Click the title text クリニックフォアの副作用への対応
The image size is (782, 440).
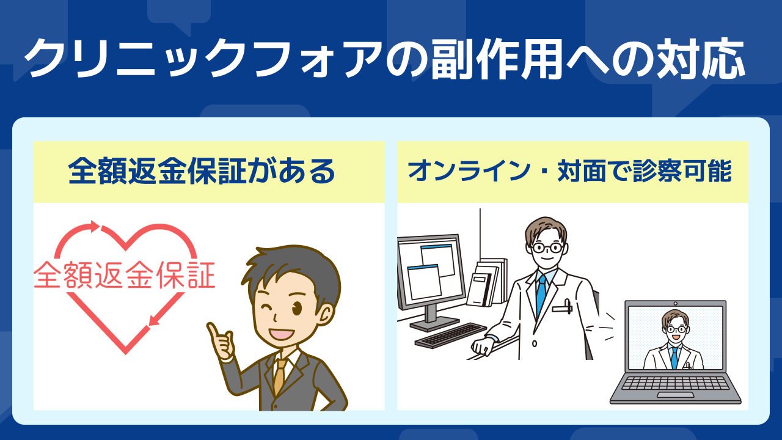tap(385, 59)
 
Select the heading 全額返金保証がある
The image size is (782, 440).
tap(202, 171)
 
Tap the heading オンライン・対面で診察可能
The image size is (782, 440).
tap(570, 170)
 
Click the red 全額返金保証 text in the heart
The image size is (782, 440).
tap(124, 275)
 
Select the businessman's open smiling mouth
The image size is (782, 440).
tap(282, 334)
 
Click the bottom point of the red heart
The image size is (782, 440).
tap(126, 353)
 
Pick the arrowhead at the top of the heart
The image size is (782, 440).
tap(95, 227)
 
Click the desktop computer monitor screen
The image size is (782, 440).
tap(431, 270)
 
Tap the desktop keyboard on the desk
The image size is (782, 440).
tap(451, 335)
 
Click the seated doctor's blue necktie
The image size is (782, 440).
tap(541, 293)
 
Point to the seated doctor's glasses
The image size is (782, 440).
tap(547, 248)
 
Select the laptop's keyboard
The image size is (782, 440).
tap(675, 383)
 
